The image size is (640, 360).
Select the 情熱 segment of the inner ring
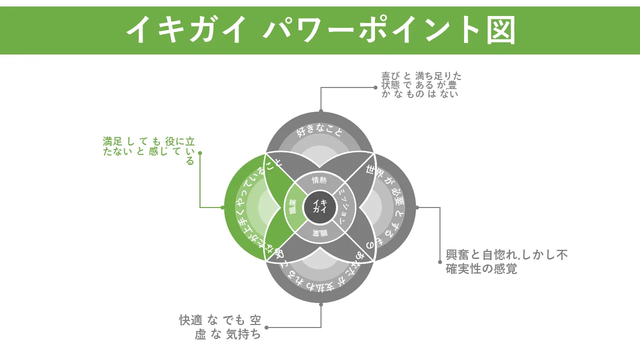point(319,180)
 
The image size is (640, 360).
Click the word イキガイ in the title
point(186,30)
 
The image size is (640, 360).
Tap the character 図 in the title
point(499,30)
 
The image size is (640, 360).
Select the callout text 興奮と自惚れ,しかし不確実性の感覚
point(506,261)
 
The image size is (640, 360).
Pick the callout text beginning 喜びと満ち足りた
point(421,84)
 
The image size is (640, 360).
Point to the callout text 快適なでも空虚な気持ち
point(220,327)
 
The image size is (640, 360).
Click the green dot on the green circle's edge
point(222,207)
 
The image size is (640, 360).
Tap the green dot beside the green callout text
point(200,153)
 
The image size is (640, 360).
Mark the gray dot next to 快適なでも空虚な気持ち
point(266,327)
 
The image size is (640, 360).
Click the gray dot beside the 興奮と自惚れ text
point(440,261)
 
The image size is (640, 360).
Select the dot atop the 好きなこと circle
point(321,111)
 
